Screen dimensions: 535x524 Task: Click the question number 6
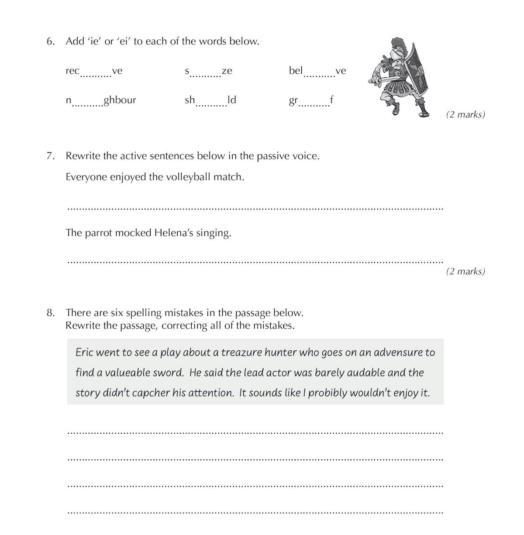pos(50,41)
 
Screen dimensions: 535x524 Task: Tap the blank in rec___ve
pos(96,74)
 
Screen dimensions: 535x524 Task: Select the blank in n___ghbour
pos(87,104)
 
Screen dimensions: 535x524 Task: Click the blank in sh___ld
pos(211,104)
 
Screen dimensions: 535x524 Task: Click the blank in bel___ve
pos(319,74)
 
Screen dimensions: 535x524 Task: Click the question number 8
pos(50,313)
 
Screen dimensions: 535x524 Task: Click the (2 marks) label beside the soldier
pos(465,115)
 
